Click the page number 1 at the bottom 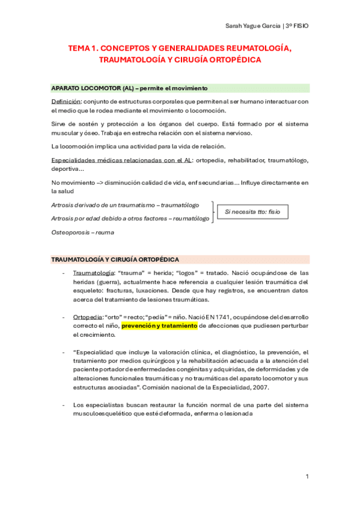point(307,476)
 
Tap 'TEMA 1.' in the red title point(82,48)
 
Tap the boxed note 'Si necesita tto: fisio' point(252,212)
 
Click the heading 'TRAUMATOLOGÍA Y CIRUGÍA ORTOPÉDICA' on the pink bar point(115,259)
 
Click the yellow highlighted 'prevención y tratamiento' point(159,325)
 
